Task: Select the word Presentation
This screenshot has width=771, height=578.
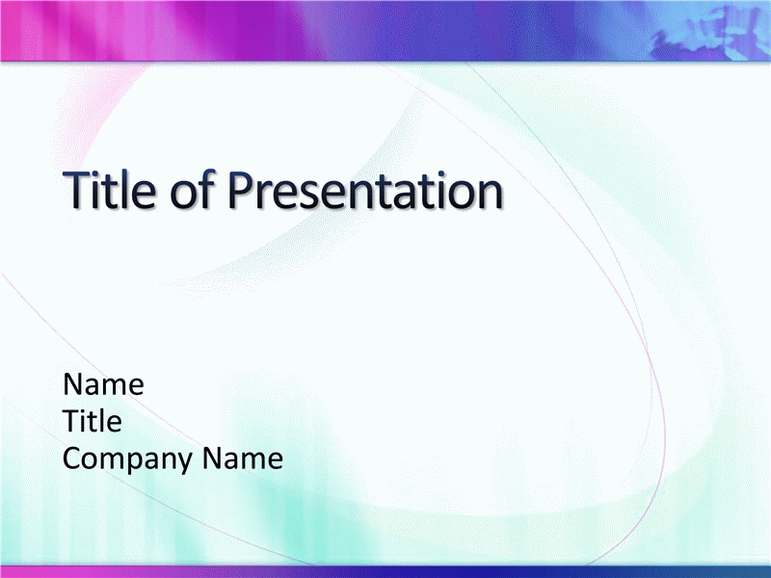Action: (x=365, y=189)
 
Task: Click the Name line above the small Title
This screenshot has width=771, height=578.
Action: (x=103, y=383)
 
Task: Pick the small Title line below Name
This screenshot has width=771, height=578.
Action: (x=93, y=421)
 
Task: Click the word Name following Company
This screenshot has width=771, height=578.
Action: (x=243, y=458)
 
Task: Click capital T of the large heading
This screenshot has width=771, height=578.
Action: (x=78, y=190)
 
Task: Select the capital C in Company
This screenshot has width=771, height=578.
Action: (x=73, y=458)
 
